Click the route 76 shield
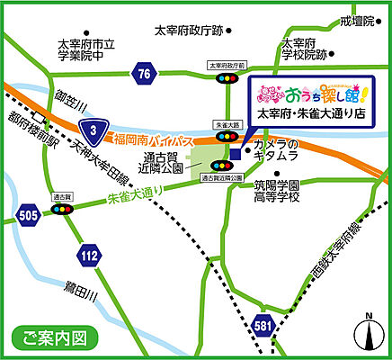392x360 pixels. pyautogui.click(x=141, y=74)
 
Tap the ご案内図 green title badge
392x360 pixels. pyautogui.click(x=54, y=339)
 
